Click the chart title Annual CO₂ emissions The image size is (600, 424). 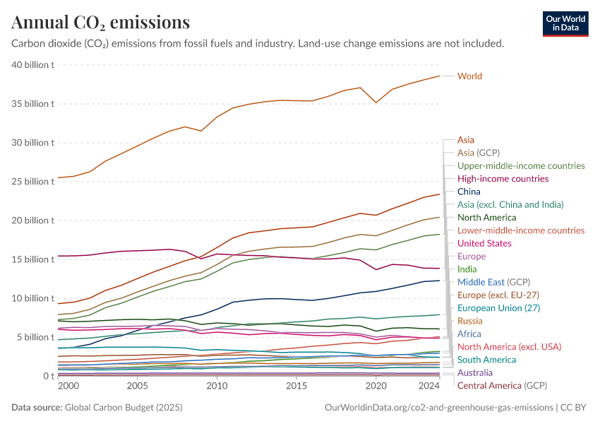tap(100, 23)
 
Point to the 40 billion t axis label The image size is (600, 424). tap(33, 65)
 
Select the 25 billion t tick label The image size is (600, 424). tap(33, 182)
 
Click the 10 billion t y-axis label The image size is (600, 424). tap(33, 298)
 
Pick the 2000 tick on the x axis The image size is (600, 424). tap(68, 387)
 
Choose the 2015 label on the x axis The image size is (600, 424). tap(296, 387)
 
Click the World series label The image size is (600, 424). tap(469, 76)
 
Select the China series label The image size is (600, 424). tap(469, 192)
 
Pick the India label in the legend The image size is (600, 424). tap(468, 269)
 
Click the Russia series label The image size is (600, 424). tap(470, 321)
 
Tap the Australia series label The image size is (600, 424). tap(475, 372)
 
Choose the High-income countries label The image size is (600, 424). tap(503, 179)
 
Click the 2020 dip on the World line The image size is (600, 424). tap(376, 102)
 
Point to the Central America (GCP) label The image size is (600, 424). tap(502, 385)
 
